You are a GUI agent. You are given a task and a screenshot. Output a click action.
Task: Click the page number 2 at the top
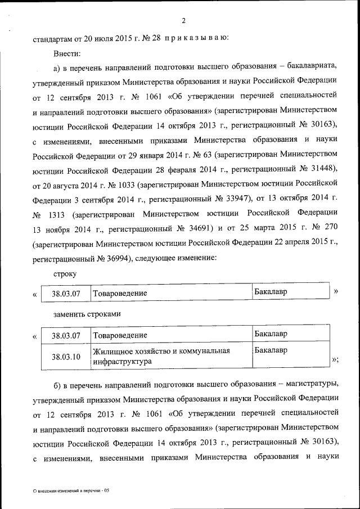[183, 21]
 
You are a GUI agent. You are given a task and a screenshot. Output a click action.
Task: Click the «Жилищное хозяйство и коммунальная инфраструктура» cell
[162, 357]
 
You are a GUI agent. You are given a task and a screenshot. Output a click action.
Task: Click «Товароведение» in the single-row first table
[120, 294]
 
